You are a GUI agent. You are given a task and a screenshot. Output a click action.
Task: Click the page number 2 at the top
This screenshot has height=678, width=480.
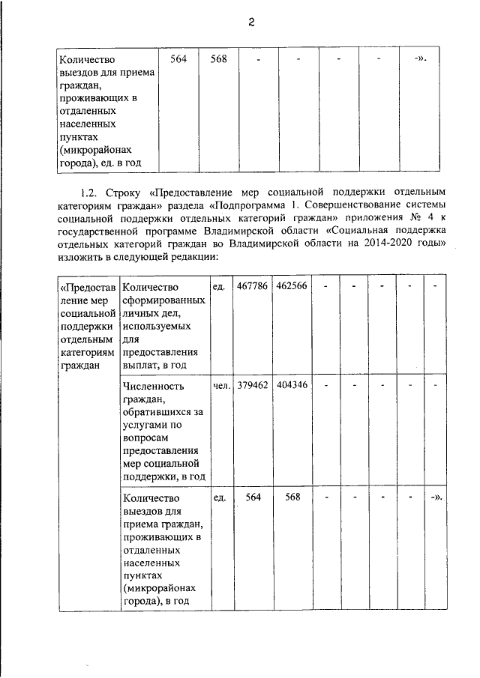tap(253, 22)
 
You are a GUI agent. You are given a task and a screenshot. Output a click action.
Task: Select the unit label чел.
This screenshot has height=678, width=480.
tap(220, 387)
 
